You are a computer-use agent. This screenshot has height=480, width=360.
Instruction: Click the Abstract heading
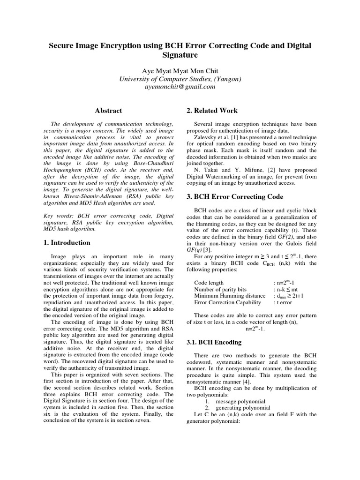coord(108,111)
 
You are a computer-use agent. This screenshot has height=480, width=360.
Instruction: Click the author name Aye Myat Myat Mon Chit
coord(180,71)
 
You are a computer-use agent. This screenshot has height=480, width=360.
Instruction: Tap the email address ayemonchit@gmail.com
coord(180,87)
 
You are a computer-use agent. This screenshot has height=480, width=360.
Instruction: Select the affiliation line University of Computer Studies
coord(180,79)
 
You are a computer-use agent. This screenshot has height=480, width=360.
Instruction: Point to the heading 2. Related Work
coord(212,111)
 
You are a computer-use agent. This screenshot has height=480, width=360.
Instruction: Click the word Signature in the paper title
coord(180,55)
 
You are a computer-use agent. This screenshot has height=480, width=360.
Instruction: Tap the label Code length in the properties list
coord(210,283)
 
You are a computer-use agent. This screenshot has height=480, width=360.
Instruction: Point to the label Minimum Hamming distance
coord(230,296)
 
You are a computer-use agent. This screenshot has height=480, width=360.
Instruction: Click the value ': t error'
coord(285,302)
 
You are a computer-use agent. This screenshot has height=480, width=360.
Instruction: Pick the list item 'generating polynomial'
coord(243,408)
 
